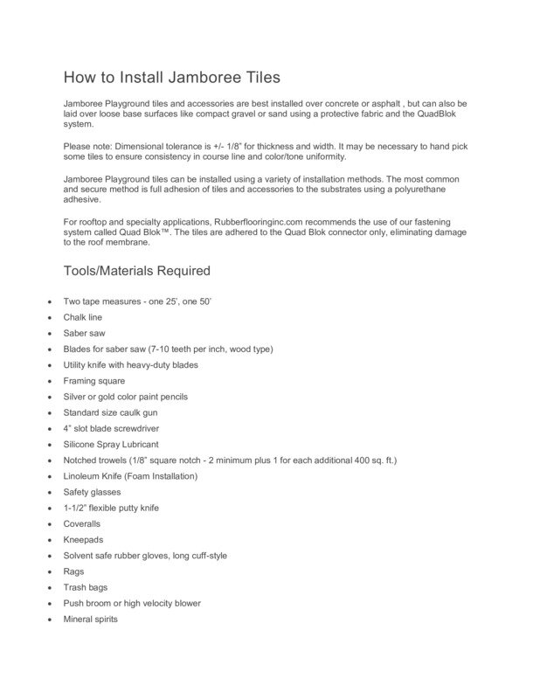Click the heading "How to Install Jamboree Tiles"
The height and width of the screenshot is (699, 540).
[171, 78]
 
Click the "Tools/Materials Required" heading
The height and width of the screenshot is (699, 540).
[136, 271]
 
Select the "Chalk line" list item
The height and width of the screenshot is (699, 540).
[83, 317]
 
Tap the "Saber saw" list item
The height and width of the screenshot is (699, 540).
[85, 333]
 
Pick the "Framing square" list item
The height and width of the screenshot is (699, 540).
[94, 381]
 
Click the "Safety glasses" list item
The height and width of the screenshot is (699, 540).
[92, 492]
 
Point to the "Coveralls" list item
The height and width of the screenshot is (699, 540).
[82, 523]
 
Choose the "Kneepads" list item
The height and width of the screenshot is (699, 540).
[83, 539]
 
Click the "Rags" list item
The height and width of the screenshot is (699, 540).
[73, 571]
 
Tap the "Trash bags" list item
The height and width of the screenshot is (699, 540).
[86, 587]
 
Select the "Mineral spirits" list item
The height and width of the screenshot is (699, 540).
[90, 619]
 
